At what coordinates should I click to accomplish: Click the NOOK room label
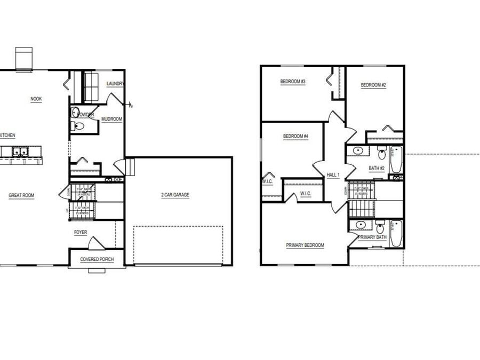[x=36, y=99]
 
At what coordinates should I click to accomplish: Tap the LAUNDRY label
[x=115, y=84]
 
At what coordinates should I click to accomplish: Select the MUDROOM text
[x=112, y=119]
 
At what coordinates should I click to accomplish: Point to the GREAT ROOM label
[x=21, y=196]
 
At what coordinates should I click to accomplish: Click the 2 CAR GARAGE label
[x=175, y=195]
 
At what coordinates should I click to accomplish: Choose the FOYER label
[x=80, y=233]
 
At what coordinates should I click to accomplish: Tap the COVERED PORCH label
[x=96, y=260]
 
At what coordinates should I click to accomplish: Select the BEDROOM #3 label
[x=293, y=82]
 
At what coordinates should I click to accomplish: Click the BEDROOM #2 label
[x=373, y=85]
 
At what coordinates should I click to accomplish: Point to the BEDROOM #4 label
[x=295, y=137]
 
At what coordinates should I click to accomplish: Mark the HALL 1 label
[x=333, y=175]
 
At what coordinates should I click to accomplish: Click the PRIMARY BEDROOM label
[x=305, y=245]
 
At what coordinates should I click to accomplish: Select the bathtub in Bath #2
[x=396, y=159]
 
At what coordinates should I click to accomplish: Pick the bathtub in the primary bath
[x=396, y=234]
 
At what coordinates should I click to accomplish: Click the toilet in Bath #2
[x=382, y=154]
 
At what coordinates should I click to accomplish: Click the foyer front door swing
[x=97, y=243]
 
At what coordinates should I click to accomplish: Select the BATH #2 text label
[x=377, y=169]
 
